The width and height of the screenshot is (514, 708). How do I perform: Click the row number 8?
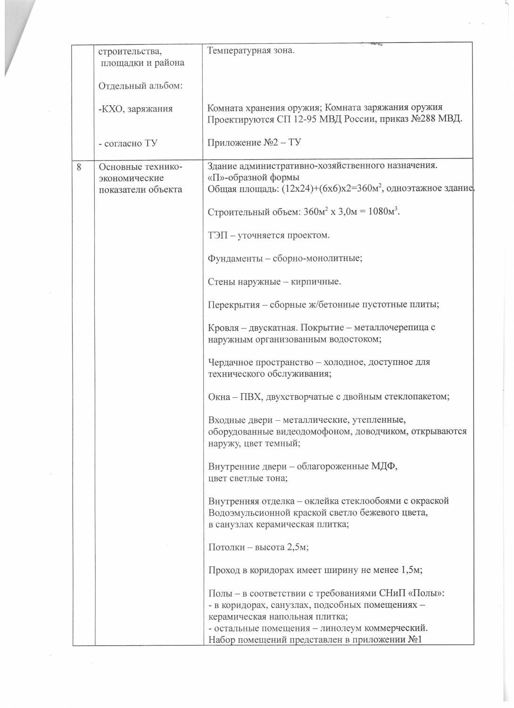click(79, 167)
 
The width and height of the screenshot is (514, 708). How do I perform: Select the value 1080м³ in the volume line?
click(383, 212)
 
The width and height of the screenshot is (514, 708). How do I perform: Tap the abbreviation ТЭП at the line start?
click(218, 235)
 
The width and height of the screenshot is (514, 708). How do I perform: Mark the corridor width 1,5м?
click(411, 570)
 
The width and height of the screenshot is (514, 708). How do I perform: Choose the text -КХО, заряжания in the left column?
click(135, 109)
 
